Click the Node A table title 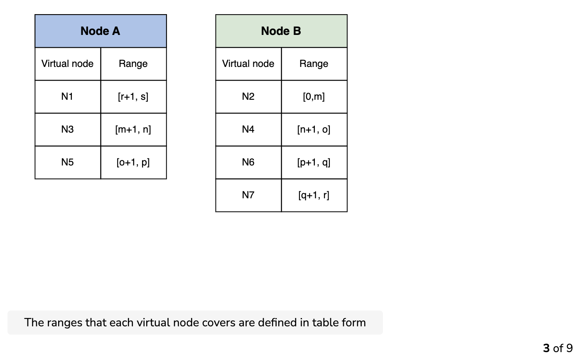click(x=100, y=31)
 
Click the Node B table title click(x=281, y=31)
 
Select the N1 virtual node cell click(x=67, y=96)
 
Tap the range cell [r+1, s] click(x=133, y=96)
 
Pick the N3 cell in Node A click(x=67, y=129)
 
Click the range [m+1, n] click(x=133, y=129)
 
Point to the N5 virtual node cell click(x=67, y=162)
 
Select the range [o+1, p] click(x=133, y=163)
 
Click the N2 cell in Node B click(x=248, y=96)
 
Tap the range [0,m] click(x=314, y=96)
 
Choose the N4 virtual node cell click(x=248, y=129)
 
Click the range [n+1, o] click(x=314, y=129)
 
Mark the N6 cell click(x=248, y=162)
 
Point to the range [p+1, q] click(x=314, y=163)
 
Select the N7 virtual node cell click(x=248, y=195)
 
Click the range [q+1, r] click(x=314, y=195)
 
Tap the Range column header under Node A click(x=133, y=64)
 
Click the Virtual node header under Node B click(x=248, y=64)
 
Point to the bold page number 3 click(x=546, y=348)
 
